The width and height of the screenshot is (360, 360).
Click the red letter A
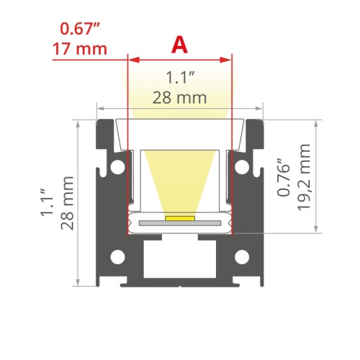pyautogui.click(x=179, y=45)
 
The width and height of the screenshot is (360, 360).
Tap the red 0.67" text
pyautogui.click(x=80, y=30)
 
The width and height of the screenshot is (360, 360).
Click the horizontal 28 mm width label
pyautogui.click(x=179, y=97)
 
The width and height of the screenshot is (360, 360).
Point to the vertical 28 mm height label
pyautogui.click(x=68, y=202)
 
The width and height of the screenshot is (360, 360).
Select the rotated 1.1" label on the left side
pyautogui.click(x=48, y=202)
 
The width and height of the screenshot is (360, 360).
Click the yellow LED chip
pyautogui.click(x=179, y=216)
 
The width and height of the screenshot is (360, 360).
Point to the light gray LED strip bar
pyautogui.click(x=179, y=224)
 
